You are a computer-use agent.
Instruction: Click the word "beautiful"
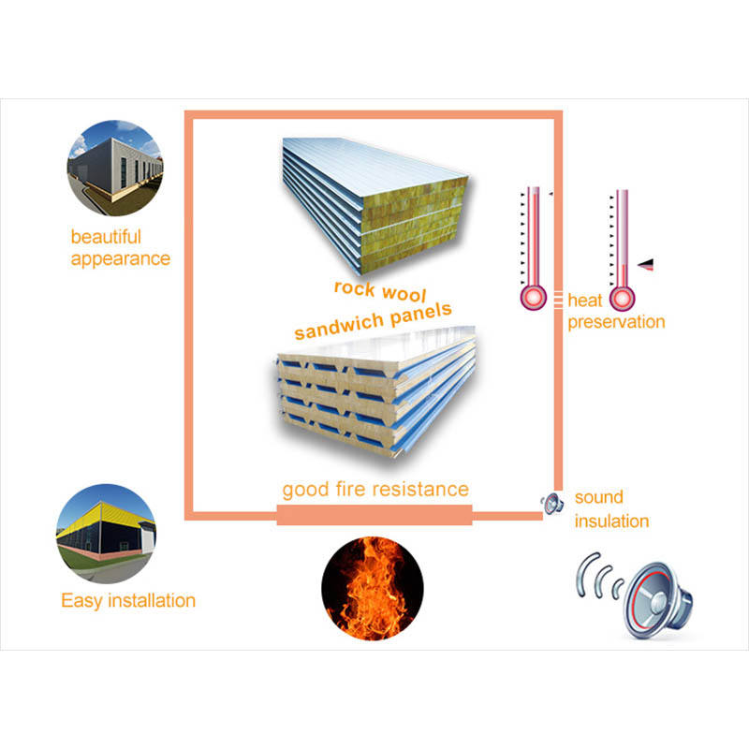coord(106,237)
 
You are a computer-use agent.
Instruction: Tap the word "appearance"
coord(121,259)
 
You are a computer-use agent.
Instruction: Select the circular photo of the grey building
coord(115,168)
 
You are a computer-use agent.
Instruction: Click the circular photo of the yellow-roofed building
coord(106,534)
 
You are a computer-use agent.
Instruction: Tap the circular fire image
coord(373,589)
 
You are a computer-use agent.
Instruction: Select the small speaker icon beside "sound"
coord(552,503)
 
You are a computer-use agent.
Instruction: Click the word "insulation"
coord(612,521)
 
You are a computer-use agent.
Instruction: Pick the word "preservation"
coord(616,322)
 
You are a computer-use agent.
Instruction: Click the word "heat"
coord(584,301)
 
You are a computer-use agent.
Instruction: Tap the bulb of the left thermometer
coord(533,298)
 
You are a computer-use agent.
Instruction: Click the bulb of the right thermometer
coord(622,299)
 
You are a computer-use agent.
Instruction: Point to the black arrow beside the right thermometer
coord(646,265)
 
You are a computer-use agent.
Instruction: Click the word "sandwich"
coord(339,326)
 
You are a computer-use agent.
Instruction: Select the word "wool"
coord(404,293)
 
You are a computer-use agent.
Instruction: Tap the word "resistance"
coord(420,490)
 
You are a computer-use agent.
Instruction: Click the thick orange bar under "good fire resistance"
coord(374,515)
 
